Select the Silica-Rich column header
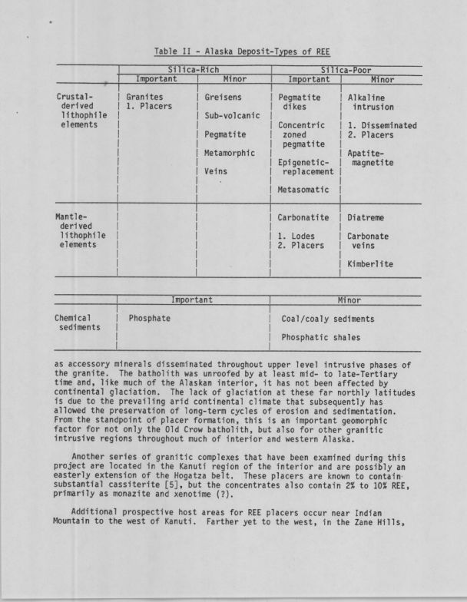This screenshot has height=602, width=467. [x=194, y=70]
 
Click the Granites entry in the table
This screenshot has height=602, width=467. [x=144, y=98]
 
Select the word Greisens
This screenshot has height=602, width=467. [x=224, y=98]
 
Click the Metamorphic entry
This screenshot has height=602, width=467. [x=230, y=153]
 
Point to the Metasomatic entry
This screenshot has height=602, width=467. [x=303, y=190]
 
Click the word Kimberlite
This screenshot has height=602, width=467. [x=369, y=263]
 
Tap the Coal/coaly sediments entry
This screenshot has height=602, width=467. [x=328, y=317]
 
